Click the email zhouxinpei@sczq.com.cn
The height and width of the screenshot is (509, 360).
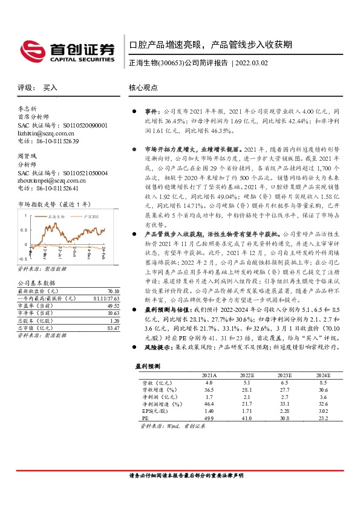pos(48,180)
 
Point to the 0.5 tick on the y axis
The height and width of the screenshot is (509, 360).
pos(22,230)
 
